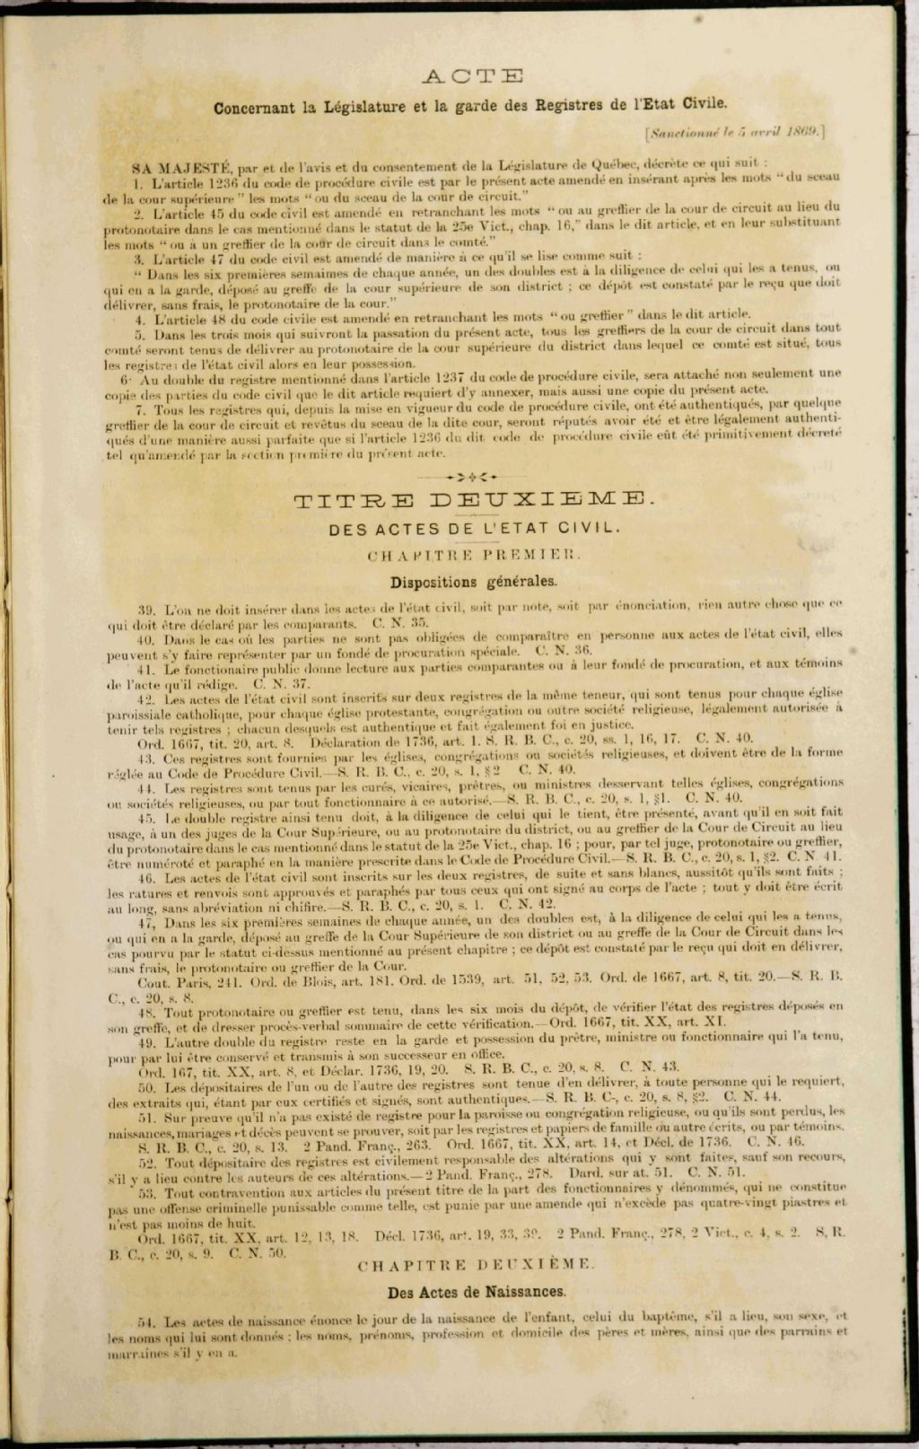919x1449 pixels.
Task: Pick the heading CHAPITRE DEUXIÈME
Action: [475, 1265]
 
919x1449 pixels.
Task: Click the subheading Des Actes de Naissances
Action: [477, 1292]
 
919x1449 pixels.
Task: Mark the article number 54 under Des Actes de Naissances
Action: [147, 1321]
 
